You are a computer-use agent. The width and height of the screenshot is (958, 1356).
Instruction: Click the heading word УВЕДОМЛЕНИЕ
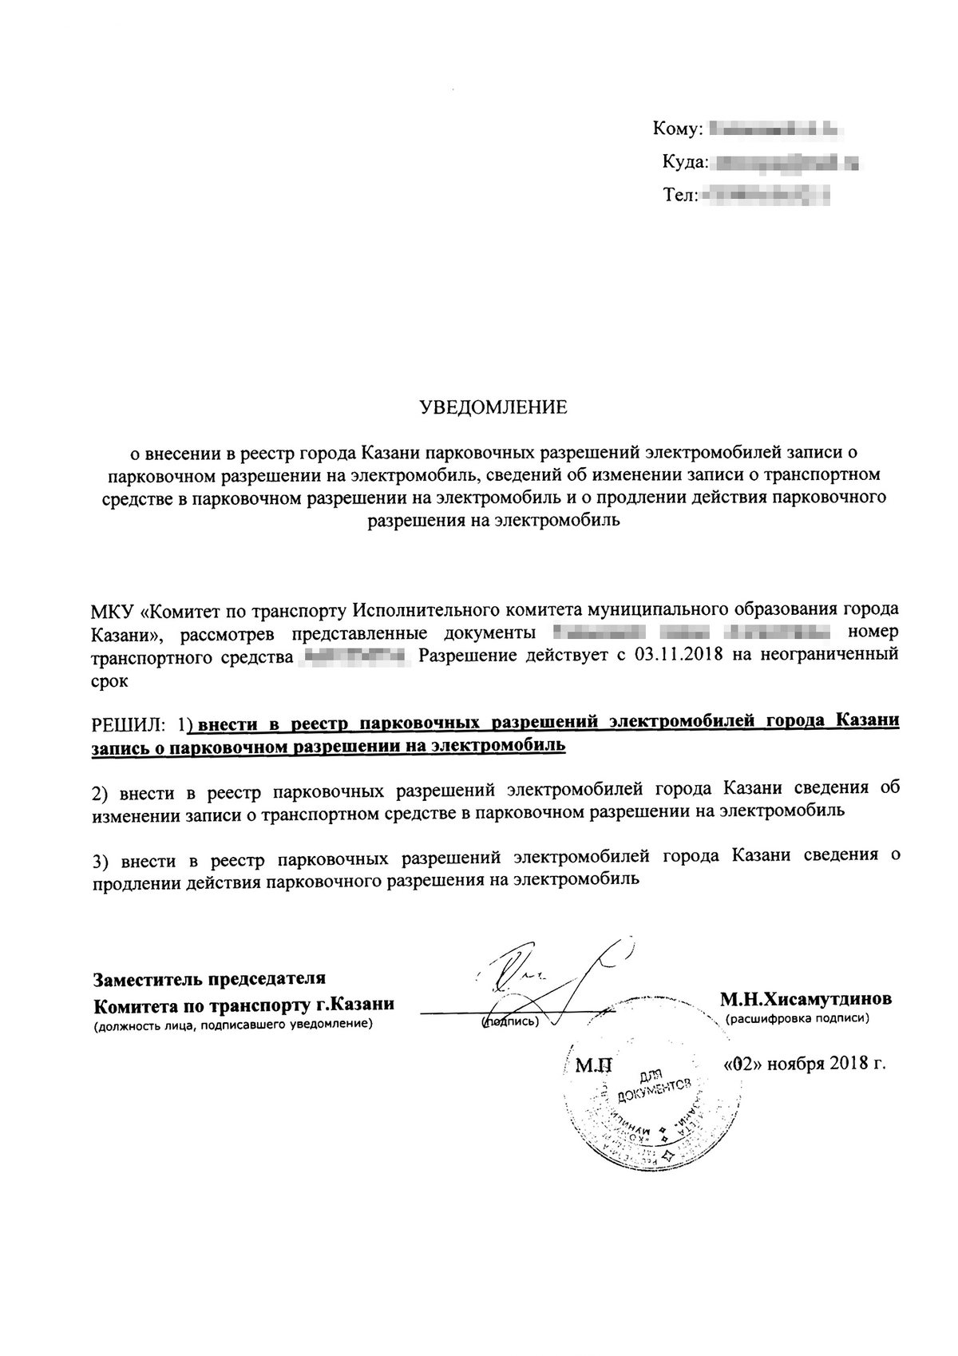click(x=493, y=408)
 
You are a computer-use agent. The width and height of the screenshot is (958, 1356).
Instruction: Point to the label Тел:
click(x=681, y=194)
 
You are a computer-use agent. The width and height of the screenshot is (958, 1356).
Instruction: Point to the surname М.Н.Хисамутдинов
click(x=806, y=999)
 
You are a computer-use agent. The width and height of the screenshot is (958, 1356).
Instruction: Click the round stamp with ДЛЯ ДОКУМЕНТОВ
click(x=651, y=1106)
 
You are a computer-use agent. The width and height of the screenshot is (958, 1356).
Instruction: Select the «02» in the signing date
click(x=738, y=1064)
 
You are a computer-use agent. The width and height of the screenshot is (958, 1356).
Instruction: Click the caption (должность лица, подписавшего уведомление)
click(x=233, y=1024)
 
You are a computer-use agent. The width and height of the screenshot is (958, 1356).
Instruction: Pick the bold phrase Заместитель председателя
click(x=210, y=978)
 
